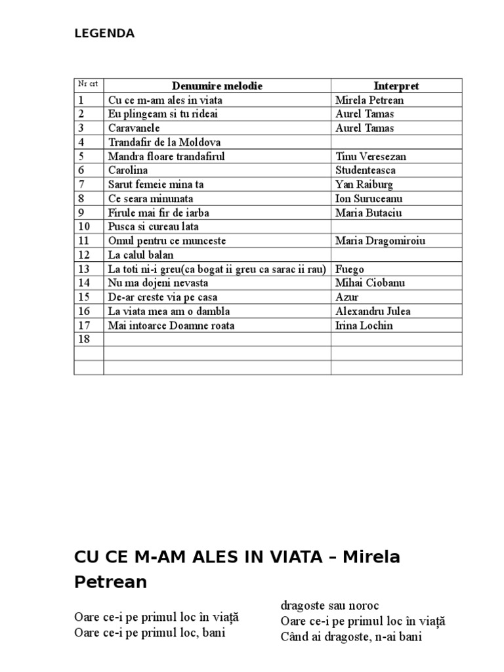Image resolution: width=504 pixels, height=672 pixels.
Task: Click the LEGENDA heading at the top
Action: tap(104, 34)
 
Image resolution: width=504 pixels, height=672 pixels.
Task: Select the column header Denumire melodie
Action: tap(217, 86)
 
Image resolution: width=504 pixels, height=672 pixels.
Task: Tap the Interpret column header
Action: tap(396, 86)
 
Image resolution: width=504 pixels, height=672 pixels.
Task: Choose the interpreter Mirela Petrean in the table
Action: tap(369, 100)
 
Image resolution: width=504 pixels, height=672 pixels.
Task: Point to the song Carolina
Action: tap(127, 170)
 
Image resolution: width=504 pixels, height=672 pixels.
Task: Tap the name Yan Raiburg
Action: tap(364, 184)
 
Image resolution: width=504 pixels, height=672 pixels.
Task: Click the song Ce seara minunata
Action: tap(151, 198)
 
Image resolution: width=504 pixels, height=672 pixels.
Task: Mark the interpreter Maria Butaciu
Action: tap(368, 213)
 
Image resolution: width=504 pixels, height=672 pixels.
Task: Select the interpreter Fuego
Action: tap(350, 269)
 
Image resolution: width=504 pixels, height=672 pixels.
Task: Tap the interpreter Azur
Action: tap(345, 297)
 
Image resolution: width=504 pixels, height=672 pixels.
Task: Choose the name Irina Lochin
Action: tap(364, 325)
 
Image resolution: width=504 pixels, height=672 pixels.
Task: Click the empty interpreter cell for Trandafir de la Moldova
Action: tap(396, 142)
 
